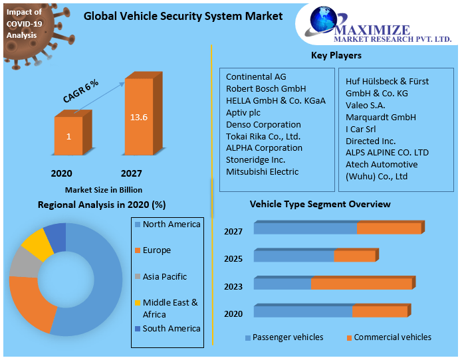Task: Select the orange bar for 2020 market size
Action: (68, 137)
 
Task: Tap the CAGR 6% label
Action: (81, 90)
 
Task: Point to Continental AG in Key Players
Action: (256, 76)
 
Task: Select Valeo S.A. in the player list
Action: (366, 105)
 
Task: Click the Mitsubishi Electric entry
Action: (262, 171)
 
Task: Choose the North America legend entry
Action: (171, 225)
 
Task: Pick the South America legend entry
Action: (171, 328)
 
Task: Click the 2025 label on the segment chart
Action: (233, 258)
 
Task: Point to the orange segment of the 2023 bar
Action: (361, 284)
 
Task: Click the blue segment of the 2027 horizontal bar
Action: (305, 228)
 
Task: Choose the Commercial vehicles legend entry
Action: (392, 337)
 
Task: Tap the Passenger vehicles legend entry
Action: (287, 337)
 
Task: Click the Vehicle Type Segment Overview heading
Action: (320, 204)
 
